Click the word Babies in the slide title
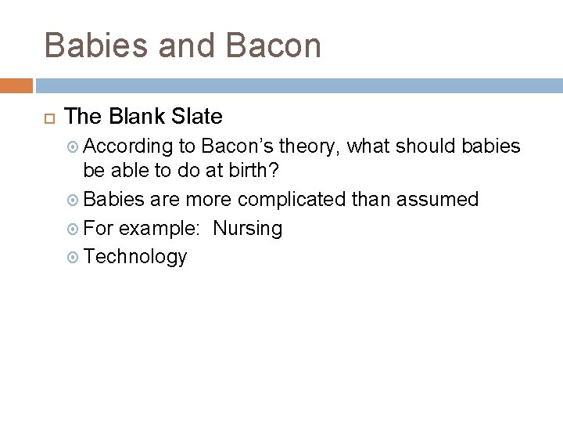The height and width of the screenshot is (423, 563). pos(96,45)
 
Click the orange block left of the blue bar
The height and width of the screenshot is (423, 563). pos(16,85)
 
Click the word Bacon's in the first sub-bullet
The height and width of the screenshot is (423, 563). pos(238,145)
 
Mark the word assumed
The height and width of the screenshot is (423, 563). pos(437,201)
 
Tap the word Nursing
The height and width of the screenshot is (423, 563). pos(247,229)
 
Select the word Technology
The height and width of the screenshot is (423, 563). pos(135,257)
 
